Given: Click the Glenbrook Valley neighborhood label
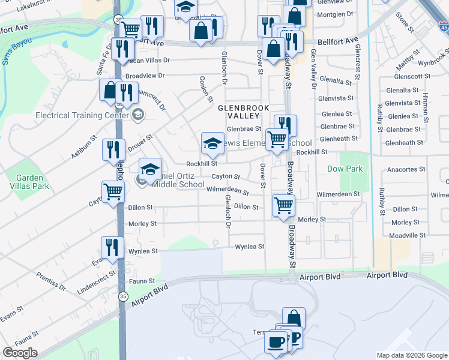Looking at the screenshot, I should pyautogui.click(x=240, y=112).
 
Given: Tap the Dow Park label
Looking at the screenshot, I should pyautogui.click(x=345, y=169).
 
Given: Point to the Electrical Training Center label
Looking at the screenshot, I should pyautogui.click(x=82, y=115).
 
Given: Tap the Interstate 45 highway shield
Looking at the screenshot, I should pyautogui.click(x=444, y=26).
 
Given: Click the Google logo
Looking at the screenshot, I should pyautogui.click(x=20, y=353).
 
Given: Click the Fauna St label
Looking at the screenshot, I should pyautogui.click(x=143, y=281).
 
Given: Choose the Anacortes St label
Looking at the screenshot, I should pyautogui.click(x=406, y=170).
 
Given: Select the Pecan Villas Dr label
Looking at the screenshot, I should pyautogui.click(x=148, y=61).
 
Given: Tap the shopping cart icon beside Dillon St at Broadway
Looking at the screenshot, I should pyautogui.click(x=283, y=205).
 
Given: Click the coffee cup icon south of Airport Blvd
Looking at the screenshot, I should pyautogui.click(x=276, y=343).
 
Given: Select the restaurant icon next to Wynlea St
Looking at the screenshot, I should pyautogui.click(x=112, y=247).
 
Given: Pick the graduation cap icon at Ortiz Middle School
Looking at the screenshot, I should pyautogui.click(x=150, y=169).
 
